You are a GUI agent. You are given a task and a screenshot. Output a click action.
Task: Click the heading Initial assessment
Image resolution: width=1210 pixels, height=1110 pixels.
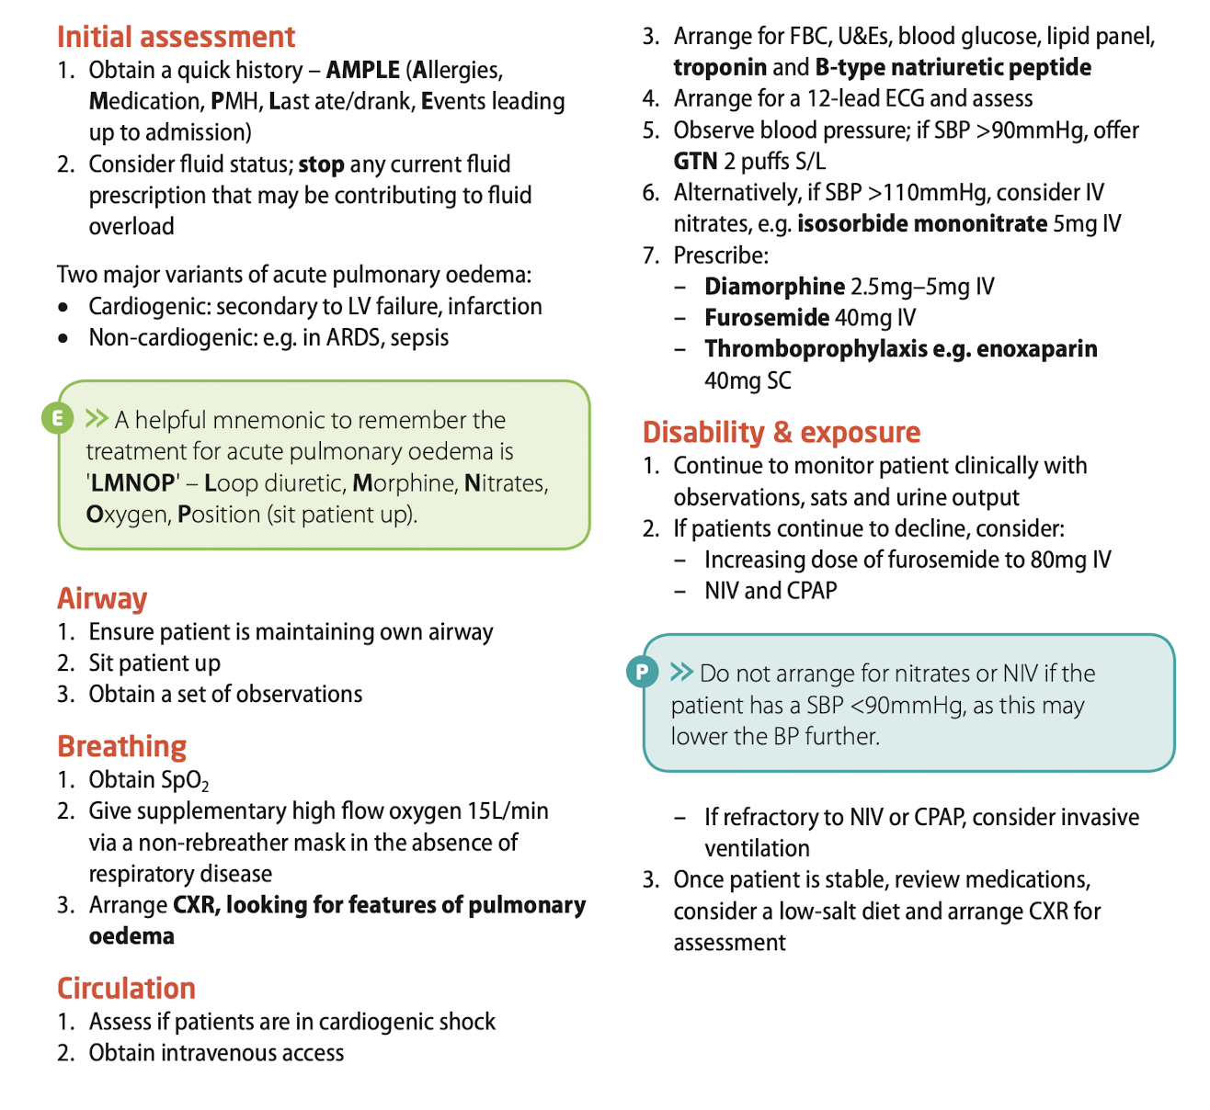click(176, 37)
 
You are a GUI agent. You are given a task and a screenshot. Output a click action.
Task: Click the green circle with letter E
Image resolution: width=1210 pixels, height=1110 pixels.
click(57, 419)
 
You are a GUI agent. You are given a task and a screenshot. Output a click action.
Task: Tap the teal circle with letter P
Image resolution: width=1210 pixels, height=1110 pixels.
click(642, 672)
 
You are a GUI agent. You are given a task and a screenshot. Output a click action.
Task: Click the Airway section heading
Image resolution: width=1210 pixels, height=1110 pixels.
click(102, 598)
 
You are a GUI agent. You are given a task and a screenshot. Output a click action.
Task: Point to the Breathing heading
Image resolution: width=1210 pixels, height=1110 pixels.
click(121, 746)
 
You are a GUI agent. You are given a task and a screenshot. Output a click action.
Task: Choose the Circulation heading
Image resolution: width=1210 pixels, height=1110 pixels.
click(126, 988)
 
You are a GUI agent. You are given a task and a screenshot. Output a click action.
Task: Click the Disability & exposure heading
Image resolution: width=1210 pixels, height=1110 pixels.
click(781, 432)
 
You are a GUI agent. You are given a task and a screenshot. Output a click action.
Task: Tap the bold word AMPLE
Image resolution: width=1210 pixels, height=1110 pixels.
click(362, 71)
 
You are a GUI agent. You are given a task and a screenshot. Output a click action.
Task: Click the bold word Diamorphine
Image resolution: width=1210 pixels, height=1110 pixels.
click(774, 287)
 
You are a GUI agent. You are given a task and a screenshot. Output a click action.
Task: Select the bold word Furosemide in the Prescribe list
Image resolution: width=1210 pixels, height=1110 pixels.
click(767, 318)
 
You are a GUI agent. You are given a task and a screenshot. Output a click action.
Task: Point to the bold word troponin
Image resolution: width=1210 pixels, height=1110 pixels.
click(720, 68)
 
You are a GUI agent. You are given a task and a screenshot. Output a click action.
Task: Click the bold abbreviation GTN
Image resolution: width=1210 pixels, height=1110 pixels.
click(695, 162)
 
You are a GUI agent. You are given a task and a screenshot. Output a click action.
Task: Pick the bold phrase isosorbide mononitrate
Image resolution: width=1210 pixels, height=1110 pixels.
click(921, 224)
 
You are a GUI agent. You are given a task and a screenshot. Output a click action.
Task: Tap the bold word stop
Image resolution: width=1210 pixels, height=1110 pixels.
click(321, 164)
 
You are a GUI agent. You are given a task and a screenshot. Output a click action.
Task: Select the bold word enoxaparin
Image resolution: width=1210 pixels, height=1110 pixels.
click(1036, 349)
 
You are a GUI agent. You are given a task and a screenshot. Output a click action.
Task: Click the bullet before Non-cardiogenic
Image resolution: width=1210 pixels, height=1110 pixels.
click(63, 338)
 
